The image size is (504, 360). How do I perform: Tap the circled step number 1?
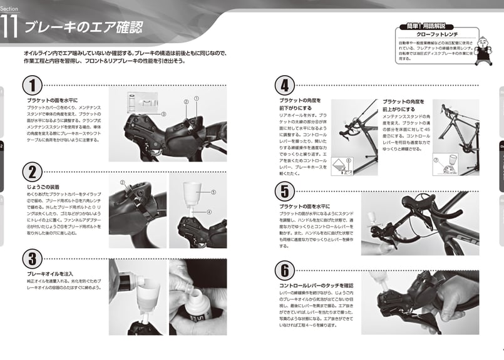[33, 86]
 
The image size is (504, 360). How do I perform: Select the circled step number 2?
[33, 172]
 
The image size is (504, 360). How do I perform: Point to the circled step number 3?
[33, 257]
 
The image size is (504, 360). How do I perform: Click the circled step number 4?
[285, 85]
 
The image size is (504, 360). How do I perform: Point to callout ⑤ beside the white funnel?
[213, 192]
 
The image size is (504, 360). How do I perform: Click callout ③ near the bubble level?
[163, 115]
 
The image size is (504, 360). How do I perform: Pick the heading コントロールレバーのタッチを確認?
[316, 285]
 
